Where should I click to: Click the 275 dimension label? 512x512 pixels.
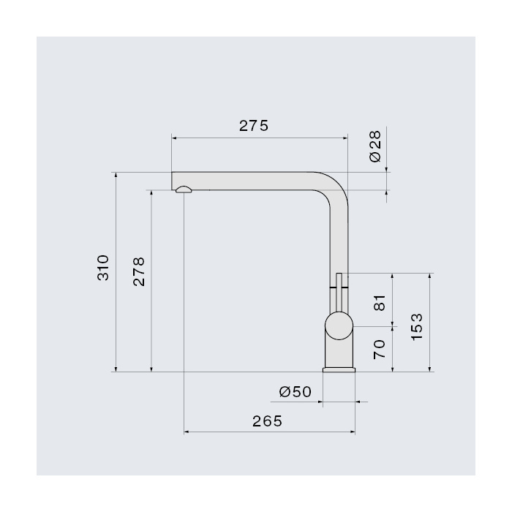pos(254,126)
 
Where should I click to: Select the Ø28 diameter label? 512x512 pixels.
pos(375,146)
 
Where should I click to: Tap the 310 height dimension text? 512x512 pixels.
pos(103,268)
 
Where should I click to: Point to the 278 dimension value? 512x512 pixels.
pos(139,271)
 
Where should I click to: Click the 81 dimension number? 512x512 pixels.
pos(380,303)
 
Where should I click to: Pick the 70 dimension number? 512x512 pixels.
pos(380,350)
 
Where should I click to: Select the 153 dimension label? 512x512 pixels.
pos(417,327)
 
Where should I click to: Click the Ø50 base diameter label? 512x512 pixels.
pos(295,392)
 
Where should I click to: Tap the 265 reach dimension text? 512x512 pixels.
pos(267,421)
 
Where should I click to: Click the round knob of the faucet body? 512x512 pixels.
pos(339,326)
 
